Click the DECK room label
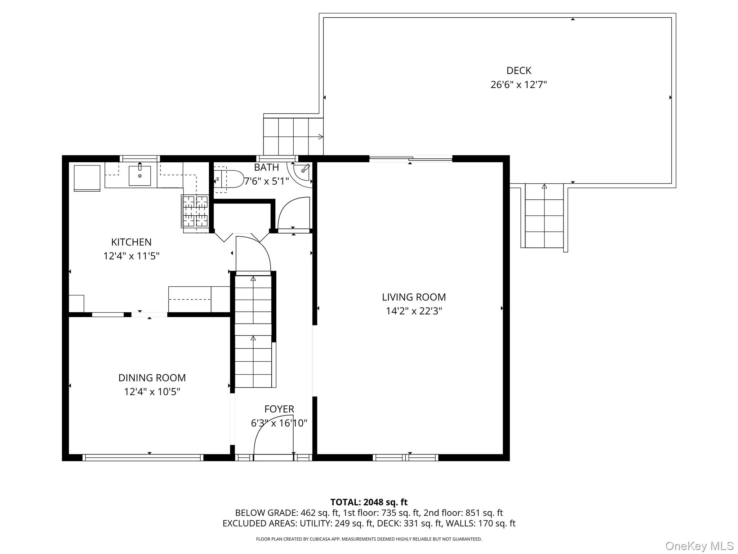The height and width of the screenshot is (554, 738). (x=519, y=70)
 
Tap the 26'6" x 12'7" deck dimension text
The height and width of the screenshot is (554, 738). (x=519, y=85)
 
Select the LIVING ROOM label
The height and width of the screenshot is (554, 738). (x=414, y=297)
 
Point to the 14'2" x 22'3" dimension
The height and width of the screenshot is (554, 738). (x=414, y=311)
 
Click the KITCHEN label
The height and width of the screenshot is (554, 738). (x=131, y=242)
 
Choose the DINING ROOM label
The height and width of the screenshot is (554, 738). (x=152, y=378)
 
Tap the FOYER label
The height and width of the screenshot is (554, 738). (x=279, y=409)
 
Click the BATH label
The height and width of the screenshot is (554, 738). (x=266, y=167)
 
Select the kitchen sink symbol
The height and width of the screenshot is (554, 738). (x=140, y=176)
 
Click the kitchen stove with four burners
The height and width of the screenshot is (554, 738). (x=195, y=211)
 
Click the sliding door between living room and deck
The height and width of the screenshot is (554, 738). (x=411, y=159)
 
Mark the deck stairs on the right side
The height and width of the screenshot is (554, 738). (x=544, y=216)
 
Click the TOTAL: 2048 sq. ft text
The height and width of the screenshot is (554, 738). (x=369, y=502)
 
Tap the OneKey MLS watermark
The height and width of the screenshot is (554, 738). (x=699, y=546)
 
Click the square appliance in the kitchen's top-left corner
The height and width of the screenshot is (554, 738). (x=87, y=177)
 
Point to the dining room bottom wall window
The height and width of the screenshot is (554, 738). (x=143, y=457)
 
